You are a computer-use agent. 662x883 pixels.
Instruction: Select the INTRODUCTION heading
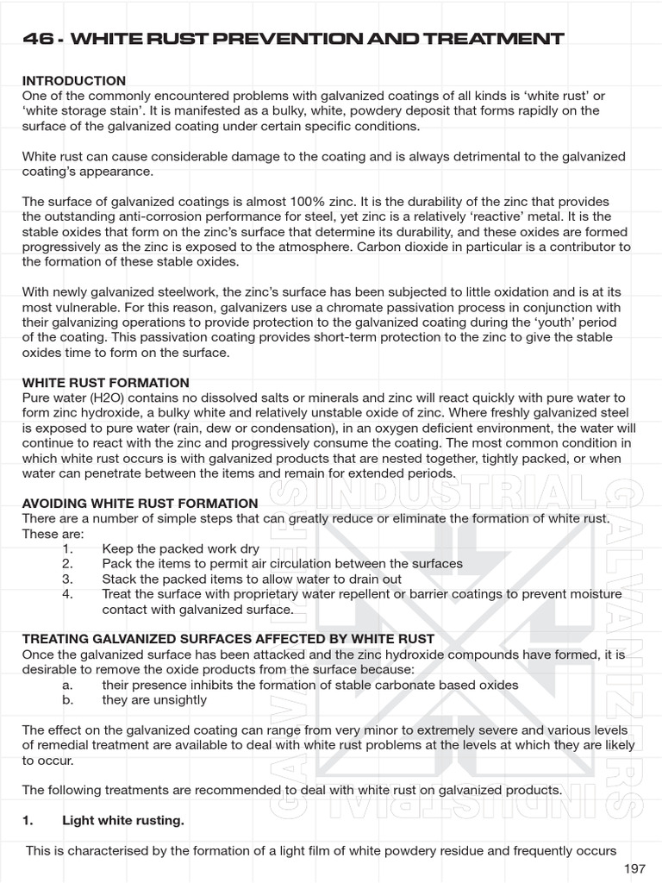click(x=73, y=80)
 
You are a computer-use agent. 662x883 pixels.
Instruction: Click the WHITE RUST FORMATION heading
click(x=105, y=382)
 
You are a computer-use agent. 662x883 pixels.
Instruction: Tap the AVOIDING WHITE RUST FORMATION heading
click(x=140, y=503)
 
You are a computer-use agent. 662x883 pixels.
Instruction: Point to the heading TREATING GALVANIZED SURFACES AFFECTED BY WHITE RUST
click(x=228, y=638)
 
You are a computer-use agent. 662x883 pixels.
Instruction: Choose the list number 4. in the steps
click(x=68, y=594)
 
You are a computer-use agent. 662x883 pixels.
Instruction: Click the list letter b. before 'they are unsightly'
click(x=67, y=699)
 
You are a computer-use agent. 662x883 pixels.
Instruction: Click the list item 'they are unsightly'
click(x=154, y=699)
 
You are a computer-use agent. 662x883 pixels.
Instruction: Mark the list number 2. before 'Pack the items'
click(x=68, y=563)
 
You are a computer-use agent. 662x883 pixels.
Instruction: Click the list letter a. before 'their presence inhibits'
click(x=67, y=684)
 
